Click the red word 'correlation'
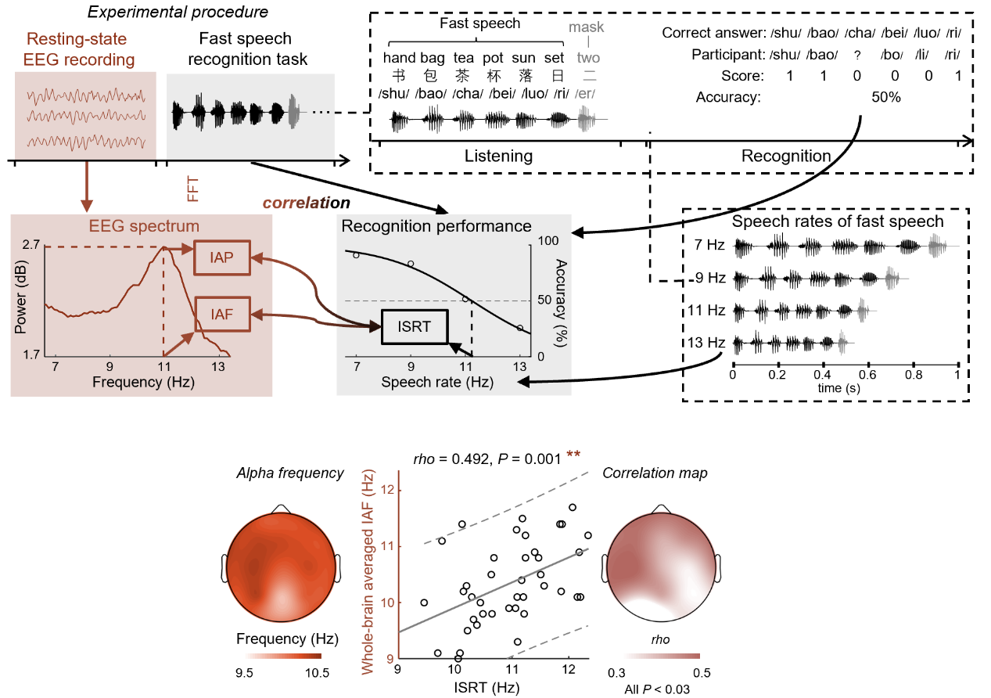(x=306, y=203)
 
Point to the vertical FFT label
(x=193, y=189)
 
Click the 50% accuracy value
(x=885, y=97)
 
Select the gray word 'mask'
(x=586, y=27)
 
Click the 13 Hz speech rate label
(x=706, y=343)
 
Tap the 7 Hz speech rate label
(x=709, y=245)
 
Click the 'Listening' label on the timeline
(x=498, y=157)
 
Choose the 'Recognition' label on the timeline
(x=786, y=157)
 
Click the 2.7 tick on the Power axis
(x=31, y=245)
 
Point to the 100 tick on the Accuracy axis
(x=548, y=241)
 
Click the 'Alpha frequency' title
(x=289, y=473)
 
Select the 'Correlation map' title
(x=655, y=473)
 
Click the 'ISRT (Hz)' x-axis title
(x=487, y=687)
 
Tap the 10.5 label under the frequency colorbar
(x=318, y=673)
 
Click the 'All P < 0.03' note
(x=657, y=689)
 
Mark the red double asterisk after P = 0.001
(x=573, y=455)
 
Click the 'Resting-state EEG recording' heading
(x=78, y=49)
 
